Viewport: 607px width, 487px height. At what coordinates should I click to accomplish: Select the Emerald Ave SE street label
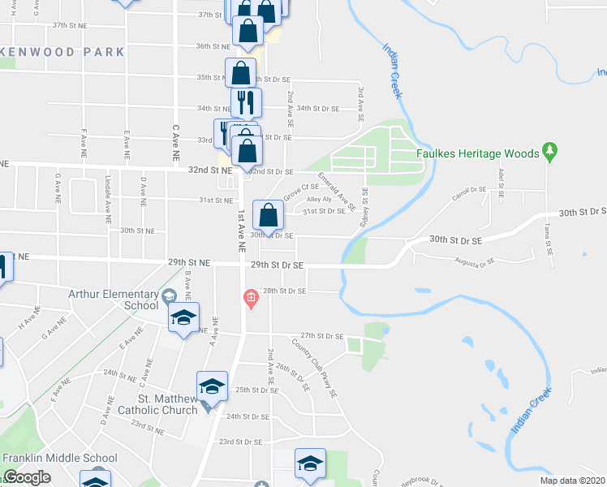[337, 190]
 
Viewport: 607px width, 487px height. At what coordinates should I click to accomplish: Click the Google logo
[28, 478]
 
